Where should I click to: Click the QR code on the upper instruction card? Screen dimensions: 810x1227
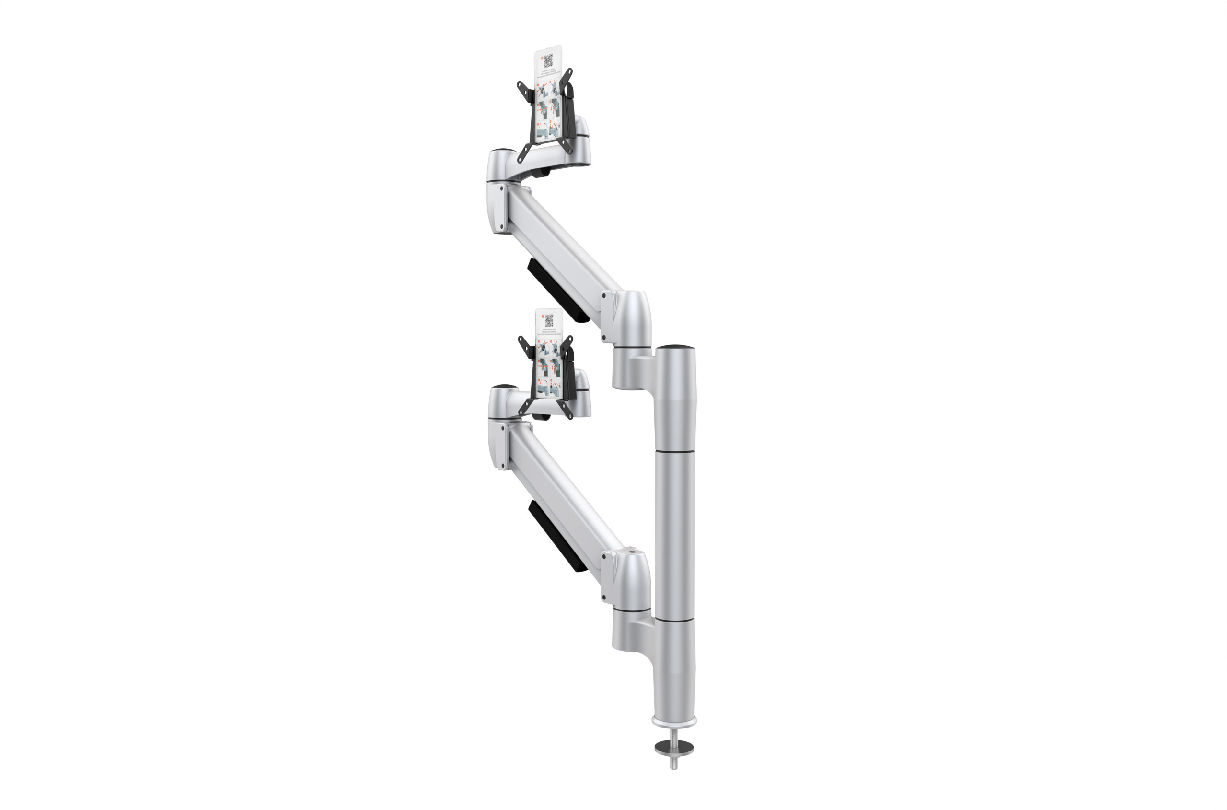click(548, 61)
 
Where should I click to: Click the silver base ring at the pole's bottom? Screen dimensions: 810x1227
click(674, 719)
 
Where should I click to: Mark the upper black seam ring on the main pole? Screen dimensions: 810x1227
click(675, 451)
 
